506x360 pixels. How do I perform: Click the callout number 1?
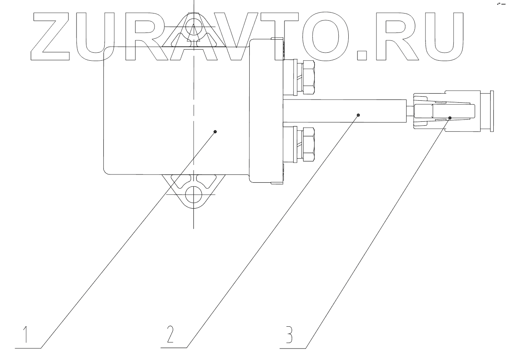point(25,335)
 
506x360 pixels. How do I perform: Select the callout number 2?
point(170,335)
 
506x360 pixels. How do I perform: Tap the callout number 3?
point(289,335)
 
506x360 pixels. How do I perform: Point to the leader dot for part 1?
point(215,132)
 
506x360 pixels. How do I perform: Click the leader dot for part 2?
point(358,115)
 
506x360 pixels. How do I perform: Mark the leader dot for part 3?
point(450,118)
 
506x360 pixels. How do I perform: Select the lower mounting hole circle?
point(193,194)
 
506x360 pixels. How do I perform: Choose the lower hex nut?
point(308,144)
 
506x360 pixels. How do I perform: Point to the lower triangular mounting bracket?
point(193,190)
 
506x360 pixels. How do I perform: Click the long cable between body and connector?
point(345,111)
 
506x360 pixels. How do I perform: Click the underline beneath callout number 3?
point(293,348)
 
